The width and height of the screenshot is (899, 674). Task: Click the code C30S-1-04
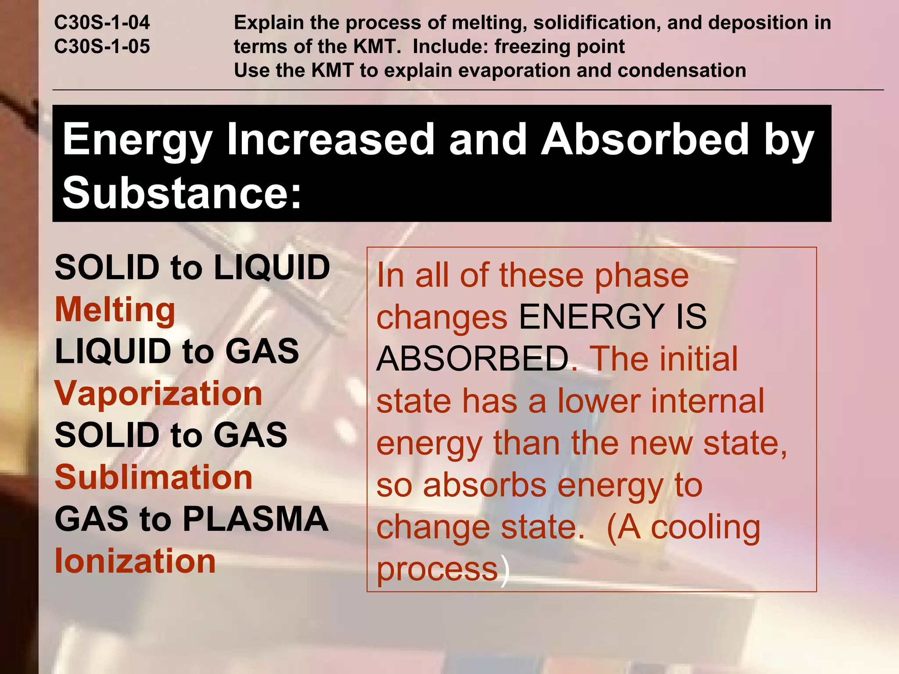[102, 22]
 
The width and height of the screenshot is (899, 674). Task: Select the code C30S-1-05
[102, 47]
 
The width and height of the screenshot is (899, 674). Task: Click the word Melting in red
[115, 310]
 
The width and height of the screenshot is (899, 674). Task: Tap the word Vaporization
[158, 393]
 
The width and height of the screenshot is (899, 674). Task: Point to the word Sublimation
[154, 477]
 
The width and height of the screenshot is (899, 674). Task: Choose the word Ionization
[135, 561]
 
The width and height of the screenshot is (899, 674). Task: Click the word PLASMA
[255, 519]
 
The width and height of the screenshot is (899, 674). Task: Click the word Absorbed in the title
[645, 139]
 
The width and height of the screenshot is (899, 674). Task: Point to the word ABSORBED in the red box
[473, 359]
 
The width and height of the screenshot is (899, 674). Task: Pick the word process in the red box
[437, 570]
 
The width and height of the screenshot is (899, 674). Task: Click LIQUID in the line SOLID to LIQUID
[272, 268]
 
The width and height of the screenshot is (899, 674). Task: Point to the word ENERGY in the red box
[591, 317]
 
